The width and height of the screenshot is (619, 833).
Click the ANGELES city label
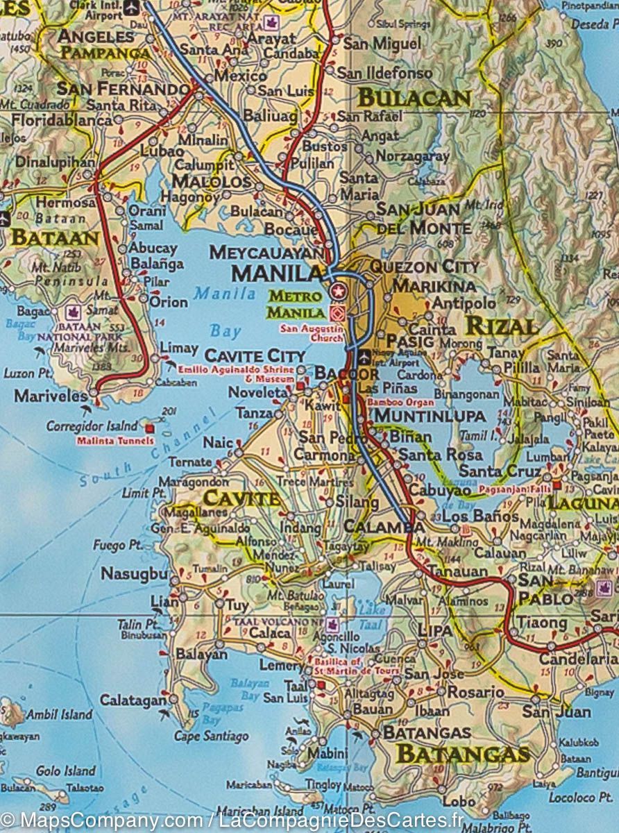pos(96,36)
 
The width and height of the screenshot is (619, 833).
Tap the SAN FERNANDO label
pos(123,89)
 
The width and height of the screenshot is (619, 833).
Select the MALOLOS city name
pos(211,182)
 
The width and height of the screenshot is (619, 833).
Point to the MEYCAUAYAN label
pos(266,252)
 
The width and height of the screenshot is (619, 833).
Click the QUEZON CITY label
pos(424,267)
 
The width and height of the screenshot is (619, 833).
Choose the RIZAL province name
pos(501,326)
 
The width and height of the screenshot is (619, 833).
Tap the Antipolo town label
pos(464,303)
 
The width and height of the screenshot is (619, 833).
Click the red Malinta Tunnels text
pos(115,440)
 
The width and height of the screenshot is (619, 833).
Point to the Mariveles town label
pos(46,396)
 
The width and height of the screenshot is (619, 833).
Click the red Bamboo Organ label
pos(400,402)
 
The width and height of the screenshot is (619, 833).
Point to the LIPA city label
pos(435,630)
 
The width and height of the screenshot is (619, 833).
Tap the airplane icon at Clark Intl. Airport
pos(130,6)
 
